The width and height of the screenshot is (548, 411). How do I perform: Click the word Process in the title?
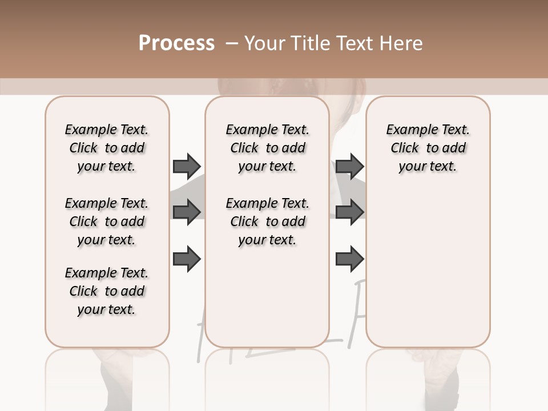176,43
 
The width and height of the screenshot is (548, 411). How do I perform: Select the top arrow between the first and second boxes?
187,166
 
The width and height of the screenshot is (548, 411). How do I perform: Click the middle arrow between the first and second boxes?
187,212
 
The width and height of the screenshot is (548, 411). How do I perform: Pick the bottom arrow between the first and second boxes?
187,259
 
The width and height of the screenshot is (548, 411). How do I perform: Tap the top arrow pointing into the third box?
349,166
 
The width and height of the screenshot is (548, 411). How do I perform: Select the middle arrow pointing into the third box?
349,212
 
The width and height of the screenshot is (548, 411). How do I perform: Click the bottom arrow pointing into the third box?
349,259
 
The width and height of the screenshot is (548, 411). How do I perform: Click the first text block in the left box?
107,148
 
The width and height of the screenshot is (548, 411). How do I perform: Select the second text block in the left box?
107,221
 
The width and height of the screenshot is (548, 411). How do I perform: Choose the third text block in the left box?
107,291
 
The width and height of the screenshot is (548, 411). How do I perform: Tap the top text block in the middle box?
267,148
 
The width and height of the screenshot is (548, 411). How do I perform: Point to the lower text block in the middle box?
267,221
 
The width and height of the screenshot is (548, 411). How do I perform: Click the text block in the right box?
428,148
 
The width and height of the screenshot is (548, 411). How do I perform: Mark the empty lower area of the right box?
428,263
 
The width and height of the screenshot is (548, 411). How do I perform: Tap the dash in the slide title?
232,43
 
